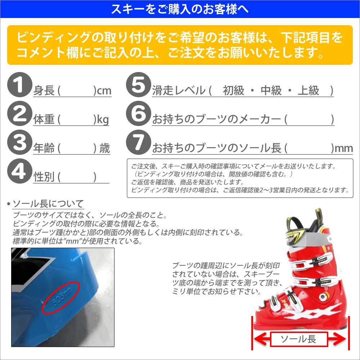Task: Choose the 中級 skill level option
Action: [x=271, y=91]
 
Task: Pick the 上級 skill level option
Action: [x=309, y=91]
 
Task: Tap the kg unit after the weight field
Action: [x=101, y=120]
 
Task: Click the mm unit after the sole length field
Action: [x=344, y=148]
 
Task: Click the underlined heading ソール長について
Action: [x=48, y=204]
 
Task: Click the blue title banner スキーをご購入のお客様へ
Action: [x=180, y=9]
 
